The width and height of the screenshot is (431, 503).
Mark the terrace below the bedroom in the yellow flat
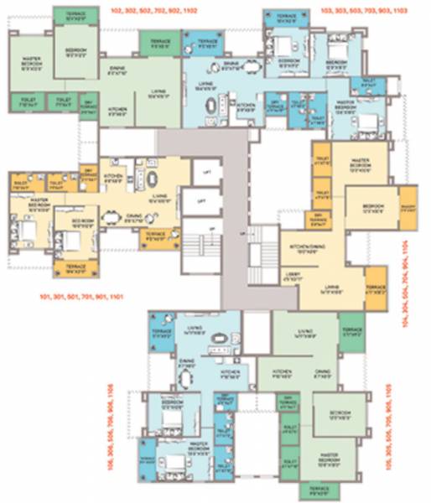(x=76, y=267)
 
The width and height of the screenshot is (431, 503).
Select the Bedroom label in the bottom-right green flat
(x=339, y=416)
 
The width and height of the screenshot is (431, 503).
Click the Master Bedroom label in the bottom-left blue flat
(x=199, y=453)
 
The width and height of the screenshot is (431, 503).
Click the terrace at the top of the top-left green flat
(x=73, y=15)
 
